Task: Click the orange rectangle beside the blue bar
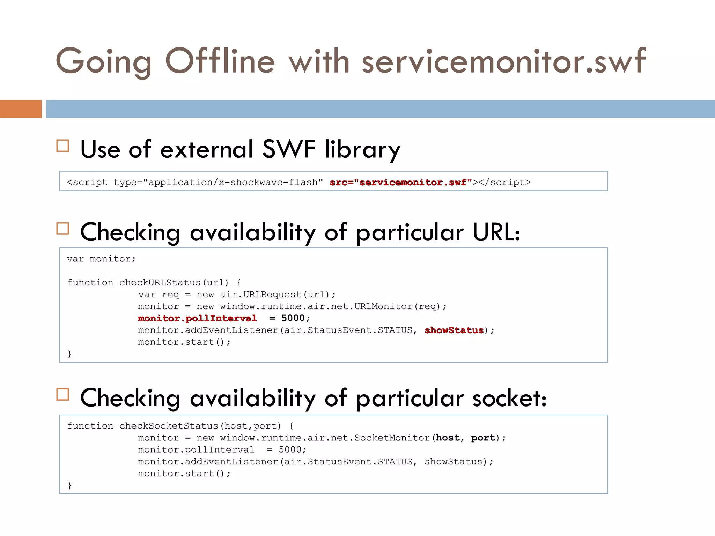tap(21, 109)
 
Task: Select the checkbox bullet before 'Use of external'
tap(63, 146)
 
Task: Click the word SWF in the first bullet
tap(289, 149)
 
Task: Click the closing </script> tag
tap(504, 182)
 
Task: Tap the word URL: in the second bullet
tap(496, 232)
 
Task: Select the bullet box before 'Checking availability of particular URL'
tap(63, 229)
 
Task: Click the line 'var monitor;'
tap(101, 259)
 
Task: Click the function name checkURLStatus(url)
tap(174, 282)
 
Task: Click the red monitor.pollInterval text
tap(197, 318)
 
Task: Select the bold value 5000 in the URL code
tap(293, 318)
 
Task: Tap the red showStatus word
tap(454, 330)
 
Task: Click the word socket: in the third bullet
tap(509, 398)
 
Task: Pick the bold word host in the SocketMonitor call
tap(448, 438)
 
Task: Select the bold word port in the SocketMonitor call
tap(483, 438)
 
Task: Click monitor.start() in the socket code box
tap(184, 474)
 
